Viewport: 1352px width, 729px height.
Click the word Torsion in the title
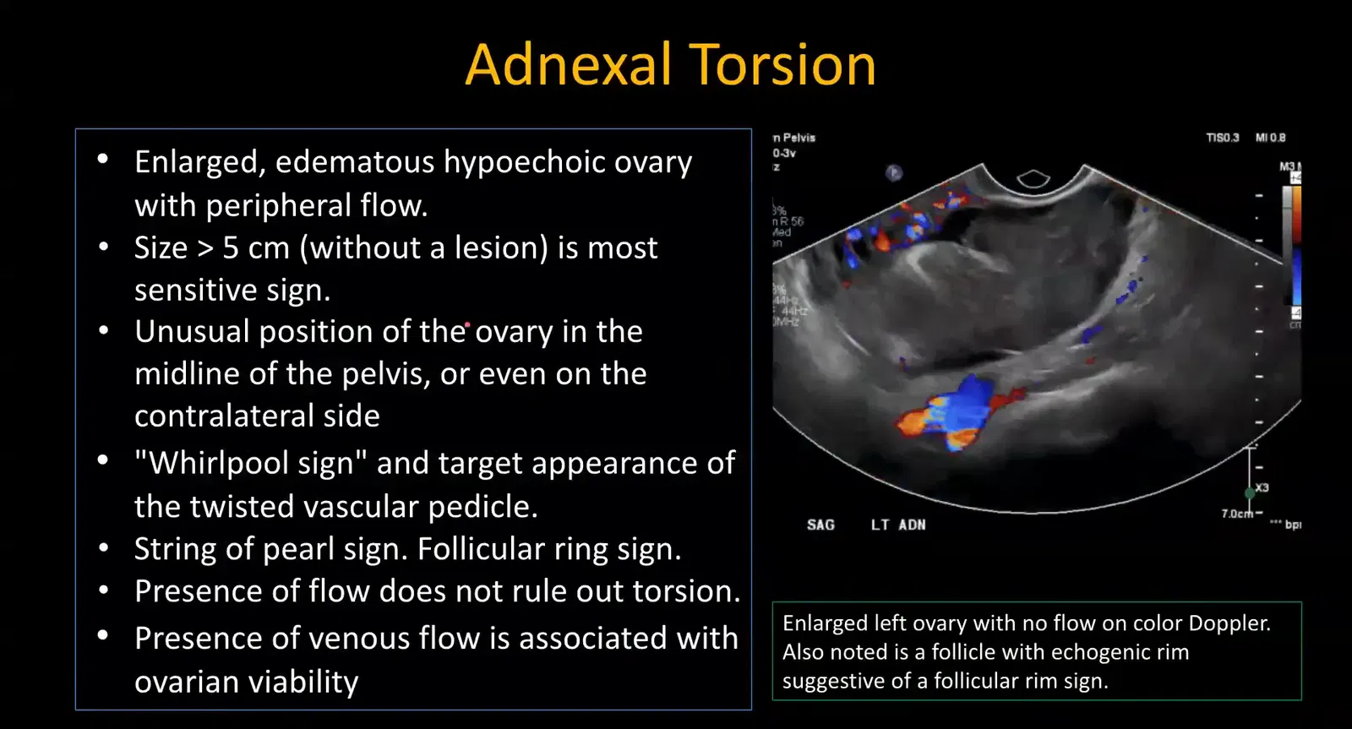click(x=782, y=65)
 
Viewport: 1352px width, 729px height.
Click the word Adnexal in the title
click(x=568, y=65)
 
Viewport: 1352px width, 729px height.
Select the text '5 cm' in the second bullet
click(x=256, y=248)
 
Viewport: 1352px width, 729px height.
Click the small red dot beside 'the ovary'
click(x=467, y=324)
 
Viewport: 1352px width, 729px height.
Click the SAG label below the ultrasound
click(x=820, y=525)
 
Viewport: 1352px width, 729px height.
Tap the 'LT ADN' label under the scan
click(x=898, y=525)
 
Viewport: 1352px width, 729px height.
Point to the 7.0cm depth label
click(x=1237, y=514)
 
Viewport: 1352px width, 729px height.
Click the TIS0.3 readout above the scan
click(x=1222, y=138)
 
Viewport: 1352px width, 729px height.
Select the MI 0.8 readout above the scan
click(x=1270, y=138)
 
